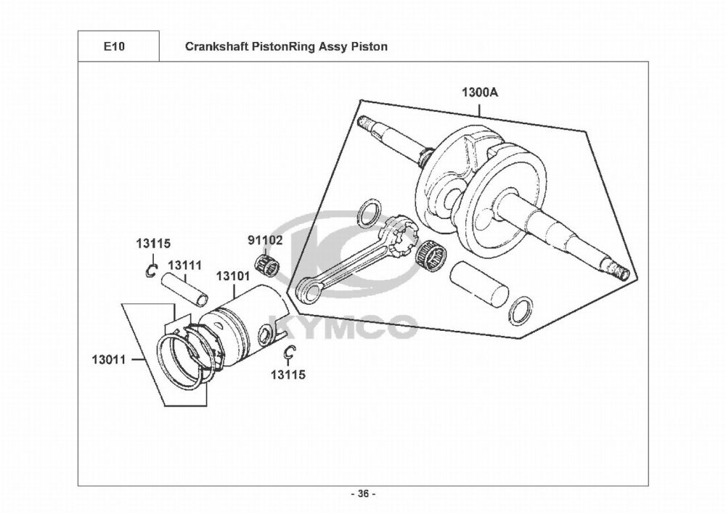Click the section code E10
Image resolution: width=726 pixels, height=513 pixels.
point(113,46)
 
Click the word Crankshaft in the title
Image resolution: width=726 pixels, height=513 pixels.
point(217,46)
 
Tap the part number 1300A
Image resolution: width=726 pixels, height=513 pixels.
point(480,93)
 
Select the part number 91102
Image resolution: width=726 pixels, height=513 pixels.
point(265,240)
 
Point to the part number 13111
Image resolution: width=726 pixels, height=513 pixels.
point(184,266)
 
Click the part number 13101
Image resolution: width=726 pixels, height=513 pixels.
point(233,276)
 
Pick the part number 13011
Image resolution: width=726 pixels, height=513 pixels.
point(109,359)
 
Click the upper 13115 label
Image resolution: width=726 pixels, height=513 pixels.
point(153,243)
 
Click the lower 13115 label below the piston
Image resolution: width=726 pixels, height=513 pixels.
point(288,374)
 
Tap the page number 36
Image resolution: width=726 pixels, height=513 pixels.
point(364,494)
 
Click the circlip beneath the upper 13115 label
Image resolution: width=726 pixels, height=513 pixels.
point(151,271)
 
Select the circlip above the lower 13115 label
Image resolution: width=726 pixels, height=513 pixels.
point(290,353)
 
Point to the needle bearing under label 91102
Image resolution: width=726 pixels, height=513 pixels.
point(268,265)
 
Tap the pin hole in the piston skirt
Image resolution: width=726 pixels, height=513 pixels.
point(265,335)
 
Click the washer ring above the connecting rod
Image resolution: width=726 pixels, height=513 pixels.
point(370,213)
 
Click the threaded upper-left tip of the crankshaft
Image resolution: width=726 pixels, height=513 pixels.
point(364,121)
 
